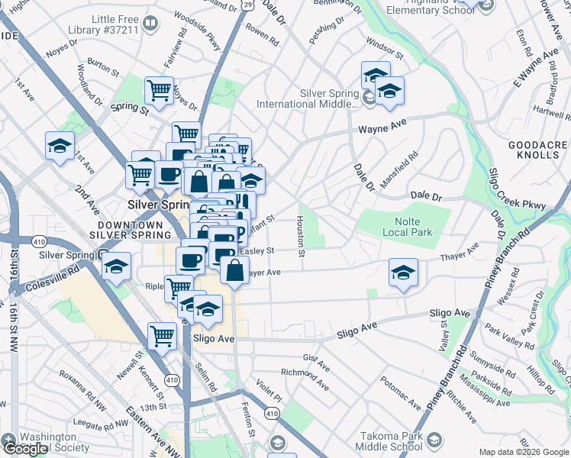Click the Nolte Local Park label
tap(389, 226)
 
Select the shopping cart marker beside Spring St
tap(159, 90)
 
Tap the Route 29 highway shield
tap(248, 5)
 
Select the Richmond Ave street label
tap(305, 378)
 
